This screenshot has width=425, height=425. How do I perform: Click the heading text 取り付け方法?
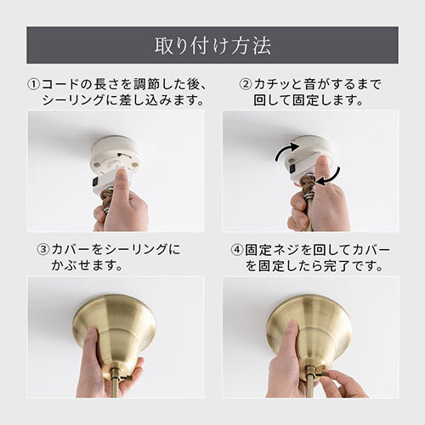pyautogui.click(x=212, y=46)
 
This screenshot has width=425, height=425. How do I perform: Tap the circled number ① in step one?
pyautogui.click(x=34, y=84)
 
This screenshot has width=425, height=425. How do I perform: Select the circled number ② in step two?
pyautogui.click(x=246, y=84)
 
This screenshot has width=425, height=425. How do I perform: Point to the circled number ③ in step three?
pyautogui.click(x=43, y=250)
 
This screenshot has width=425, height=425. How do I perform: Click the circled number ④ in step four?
pyautogui.click(x=236, y=250)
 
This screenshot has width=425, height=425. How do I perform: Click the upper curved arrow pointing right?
pyautogui.click(x=286, y=150)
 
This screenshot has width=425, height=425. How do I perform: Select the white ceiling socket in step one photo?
pyautogui.click(x=116, y=155)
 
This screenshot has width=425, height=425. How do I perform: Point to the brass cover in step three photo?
pyautogui.click(x=114, y=331)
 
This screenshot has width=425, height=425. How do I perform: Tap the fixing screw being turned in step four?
pyautogui.click(x=322, y=373)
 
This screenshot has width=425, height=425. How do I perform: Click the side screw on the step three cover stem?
pyautogui.click(x=127, y=377)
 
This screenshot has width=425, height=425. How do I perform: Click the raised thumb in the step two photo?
pyautogui.click(x=324, y=170)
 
